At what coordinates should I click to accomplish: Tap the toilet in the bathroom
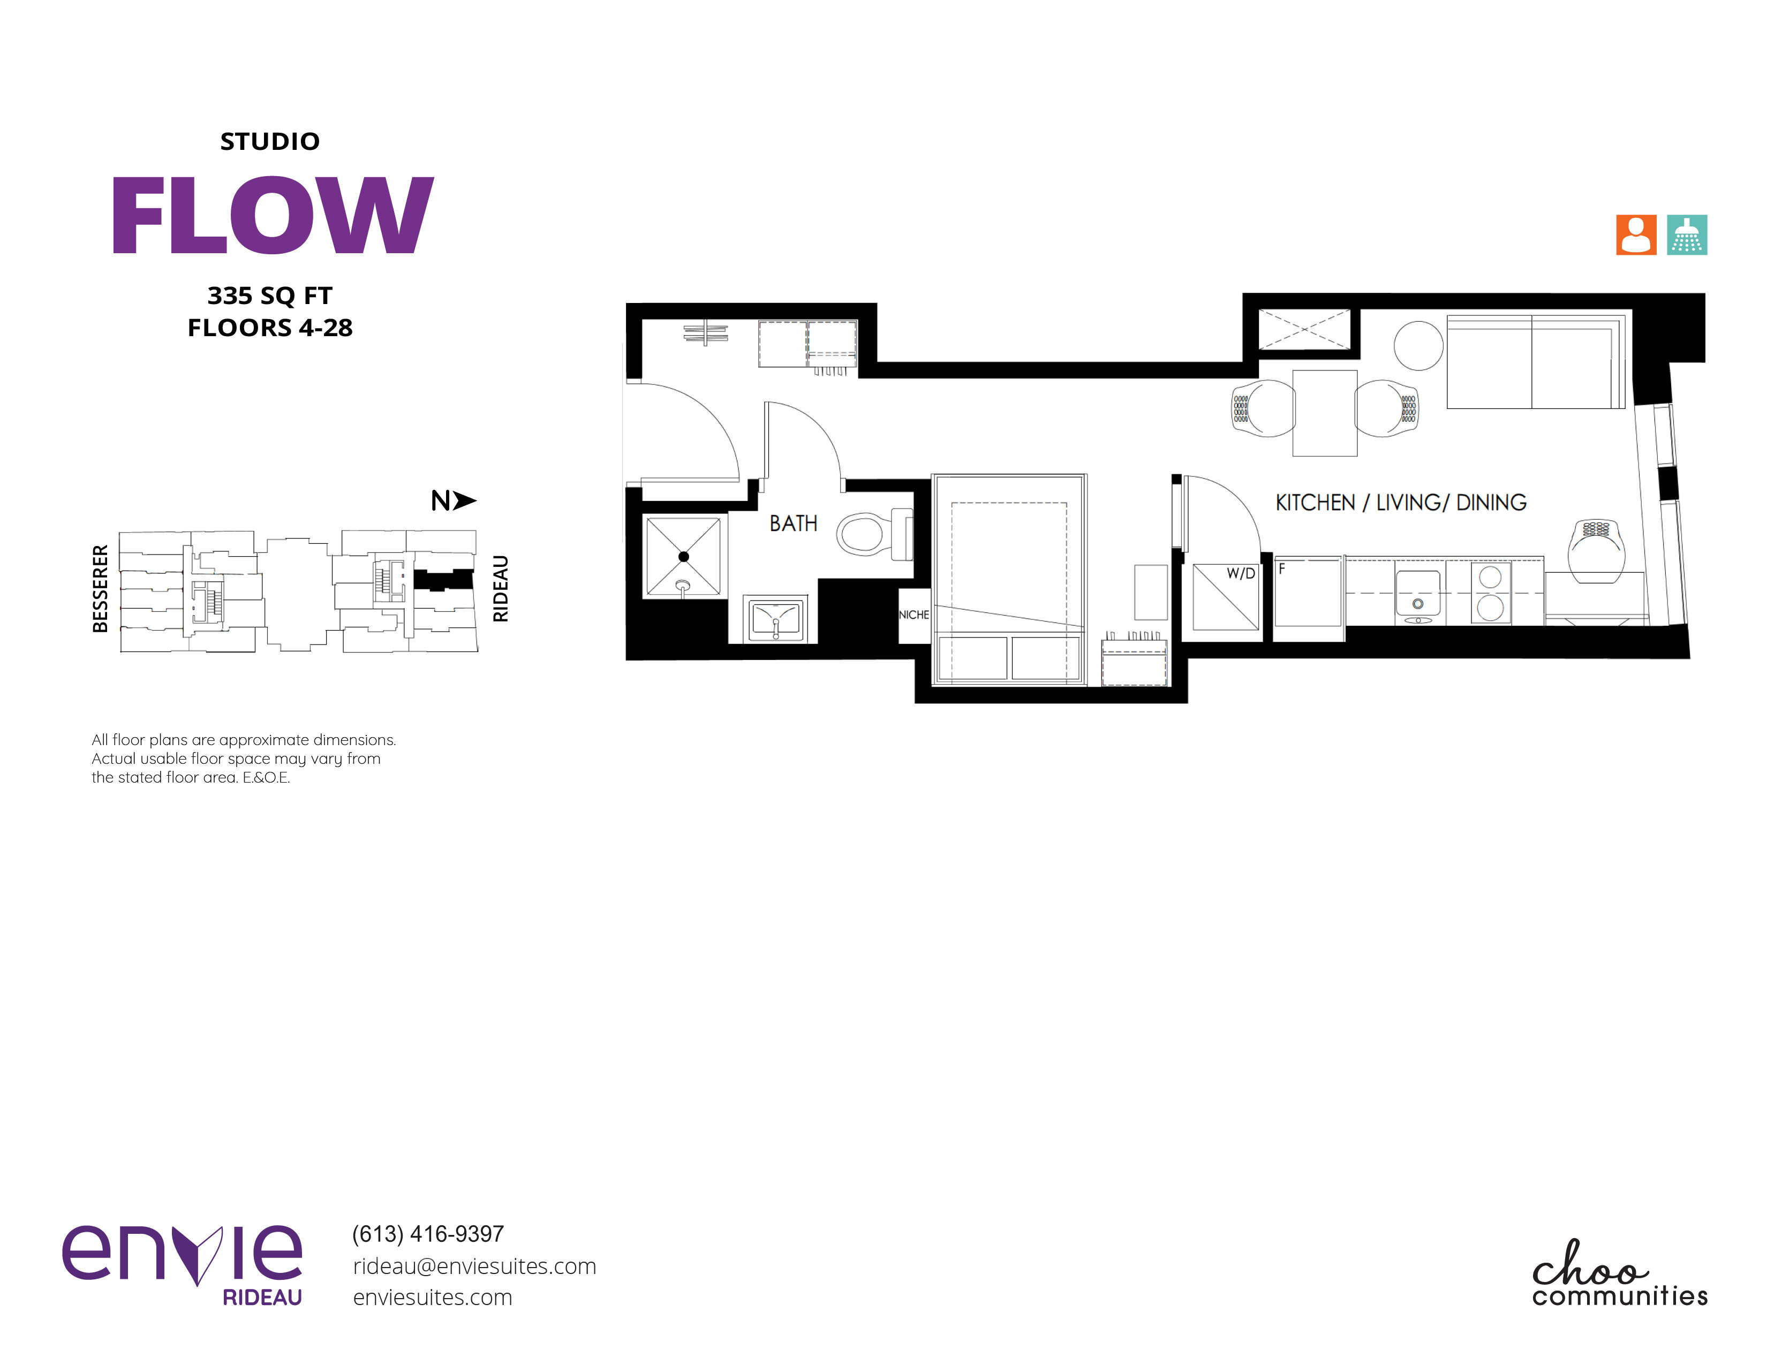[x=874, y=534]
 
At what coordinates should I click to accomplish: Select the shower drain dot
[x=684, y=556]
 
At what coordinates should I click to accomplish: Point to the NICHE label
[x=913, y=615]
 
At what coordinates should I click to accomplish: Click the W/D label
[x=1240, y=573]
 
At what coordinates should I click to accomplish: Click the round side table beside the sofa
[x=1418, y=345]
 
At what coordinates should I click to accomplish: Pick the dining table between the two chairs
[x=1324, y=413]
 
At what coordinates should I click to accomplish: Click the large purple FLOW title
[x=272, y=215]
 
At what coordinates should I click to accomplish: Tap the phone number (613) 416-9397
[x=428, y=1234]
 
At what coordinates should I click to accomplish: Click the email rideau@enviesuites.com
[x=474, y=1267]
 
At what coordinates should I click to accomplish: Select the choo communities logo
[x=1620, y=1273]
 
